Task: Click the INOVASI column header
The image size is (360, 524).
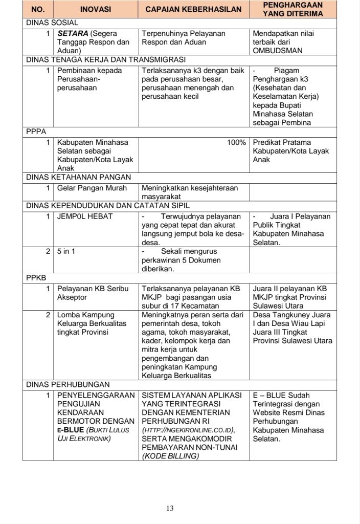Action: (97, 10)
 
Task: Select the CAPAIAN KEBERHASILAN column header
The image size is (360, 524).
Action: (194, 10)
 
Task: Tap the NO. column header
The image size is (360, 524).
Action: (38, 10)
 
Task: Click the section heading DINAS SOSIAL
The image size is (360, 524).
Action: (52, 23)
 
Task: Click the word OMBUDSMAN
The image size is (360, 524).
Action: (278, 51)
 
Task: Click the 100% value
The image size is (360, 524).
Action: (236, 142)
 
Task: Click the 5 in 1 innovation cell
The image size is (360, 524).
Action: (66, 251)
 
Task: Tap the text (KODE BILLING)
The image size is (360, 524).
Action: (170, 456)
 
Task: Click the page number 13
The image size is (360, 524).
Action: (170, 508)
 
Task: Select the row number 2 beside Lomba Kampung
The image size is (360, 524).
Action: (48, 315)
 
